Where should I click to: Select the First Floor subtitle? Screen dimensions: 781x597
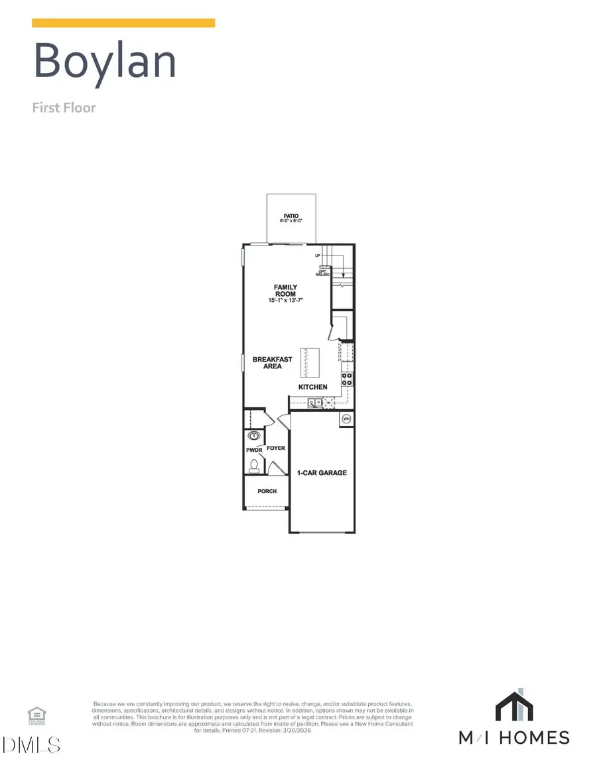point(64,107)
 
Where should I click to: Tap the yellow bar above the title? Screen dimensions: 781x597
point(123,23)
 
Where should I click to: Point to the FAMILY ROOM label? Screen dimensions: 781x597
point(286,291)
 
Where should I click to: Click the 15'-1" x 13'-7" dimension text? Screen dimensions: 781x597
point(286,301)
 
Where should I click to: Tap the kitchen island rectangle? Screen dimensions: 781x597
point(310,362)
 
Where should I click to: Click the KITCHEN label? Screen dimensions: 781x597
point(312,386)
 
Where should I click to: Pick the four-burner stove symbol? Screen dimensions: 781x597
point(347,378)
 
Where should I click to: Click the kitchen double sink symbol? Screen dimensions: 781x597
point(314,402)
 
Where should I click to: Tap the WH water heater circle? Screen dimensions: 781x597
point(346,419)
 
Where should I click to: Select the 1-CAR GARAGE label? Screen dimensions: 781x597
point(322,473)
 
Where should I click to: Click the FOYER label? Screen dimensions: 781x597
point(276,448)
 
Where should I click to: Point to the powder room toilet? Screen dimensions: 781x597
point(253,465)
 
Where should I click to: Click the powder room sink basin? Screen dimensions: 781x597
point(253,436)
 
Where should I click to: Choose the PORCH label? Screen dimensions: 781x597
point(267,491)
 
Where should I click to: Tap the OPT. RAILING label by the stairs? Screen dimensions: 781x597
point(323,272)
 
